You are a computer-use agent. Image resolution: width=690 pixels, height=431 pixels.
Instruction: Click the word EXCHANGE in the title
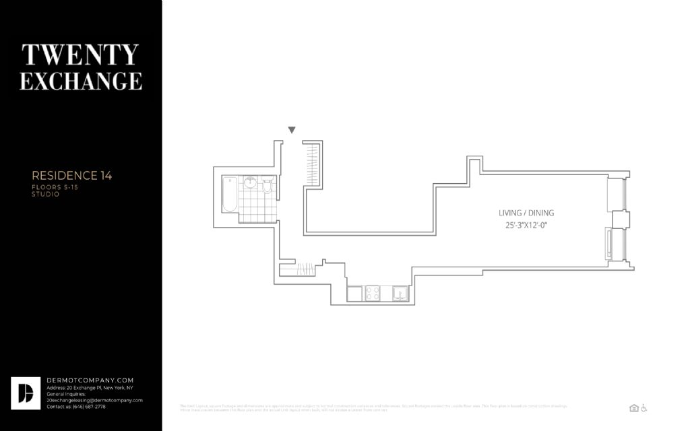[81, 81]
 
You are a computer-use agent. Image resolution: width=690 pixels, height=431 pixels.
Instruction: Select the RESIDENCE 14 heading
[72, 176]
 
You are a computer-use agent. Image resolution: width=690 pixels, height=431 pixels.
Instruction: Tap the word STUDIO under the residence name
[46, 194]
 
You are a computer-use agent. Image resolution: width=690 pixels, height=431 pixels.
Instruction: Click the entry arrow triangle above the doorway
[292, 130]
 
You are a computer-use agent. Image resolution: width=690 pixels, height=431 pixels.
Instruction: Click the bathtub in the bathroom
[230, 194]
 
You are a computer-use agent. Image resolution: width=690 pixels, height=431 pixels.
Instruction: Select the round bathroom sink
[250, 183]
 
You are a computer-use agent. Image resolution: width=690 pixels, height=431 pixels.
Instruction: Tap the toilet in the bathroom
[268, 187]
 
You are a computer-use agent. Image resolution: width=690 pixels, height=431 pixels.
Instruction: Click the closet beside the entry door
[312, 164]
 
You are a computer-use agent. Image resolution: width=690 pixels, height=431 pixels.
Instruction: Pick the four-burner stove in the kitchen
[372, 293]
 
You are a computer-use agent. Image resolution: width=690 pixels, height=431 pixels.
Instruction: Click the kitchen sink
[400, 293]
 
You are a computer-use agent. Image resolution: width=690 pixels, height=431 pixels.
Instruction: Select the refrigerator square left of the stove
[354, 293]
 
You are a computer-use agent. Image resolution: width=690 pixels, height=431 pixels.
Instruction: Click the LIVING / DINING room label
[526, 213]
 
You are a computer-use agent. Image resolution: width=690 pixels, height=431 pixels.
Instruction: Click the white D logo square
[26, 393]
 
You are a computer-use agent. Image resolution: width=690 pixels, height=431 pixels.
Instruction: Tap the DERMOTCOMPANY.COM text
[90, 380]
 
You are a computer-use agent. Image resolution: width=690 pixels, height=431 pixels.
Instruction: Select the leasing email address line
[94, 400]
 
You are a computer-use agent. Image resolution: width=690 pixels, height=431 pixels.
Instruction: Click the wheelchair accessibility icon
[644, 407]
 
